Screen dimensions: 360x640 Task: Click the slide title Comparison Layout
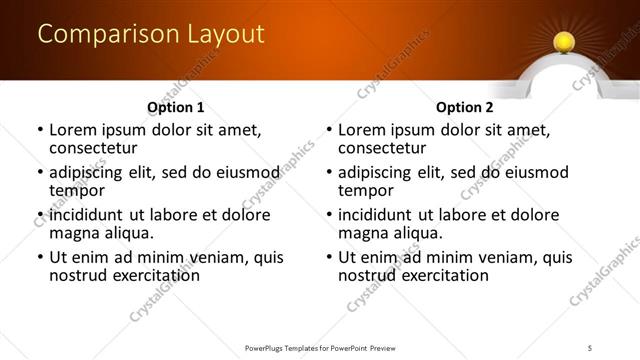[x=151, y=34]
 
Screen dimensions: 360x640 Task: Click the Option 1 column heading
[x=176, y=108]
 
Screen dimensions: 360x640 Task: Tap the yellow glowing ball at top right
[x=564, y=41]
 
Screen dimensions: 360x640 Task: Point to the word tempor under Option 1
[x=77, y=191]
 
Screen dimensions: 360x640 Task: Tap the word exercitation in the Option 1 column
[x=156, y=275]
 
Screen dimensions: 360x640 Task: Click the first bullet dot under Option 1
[x=39, y=131]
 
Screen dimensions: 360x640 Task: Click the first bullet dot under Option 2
[x=328, y=131]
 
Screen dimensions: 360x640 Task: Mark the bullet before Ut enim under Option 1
[x=39, y=258]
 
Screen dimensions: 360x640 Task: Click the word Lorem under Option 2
[x=362, y=130]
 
